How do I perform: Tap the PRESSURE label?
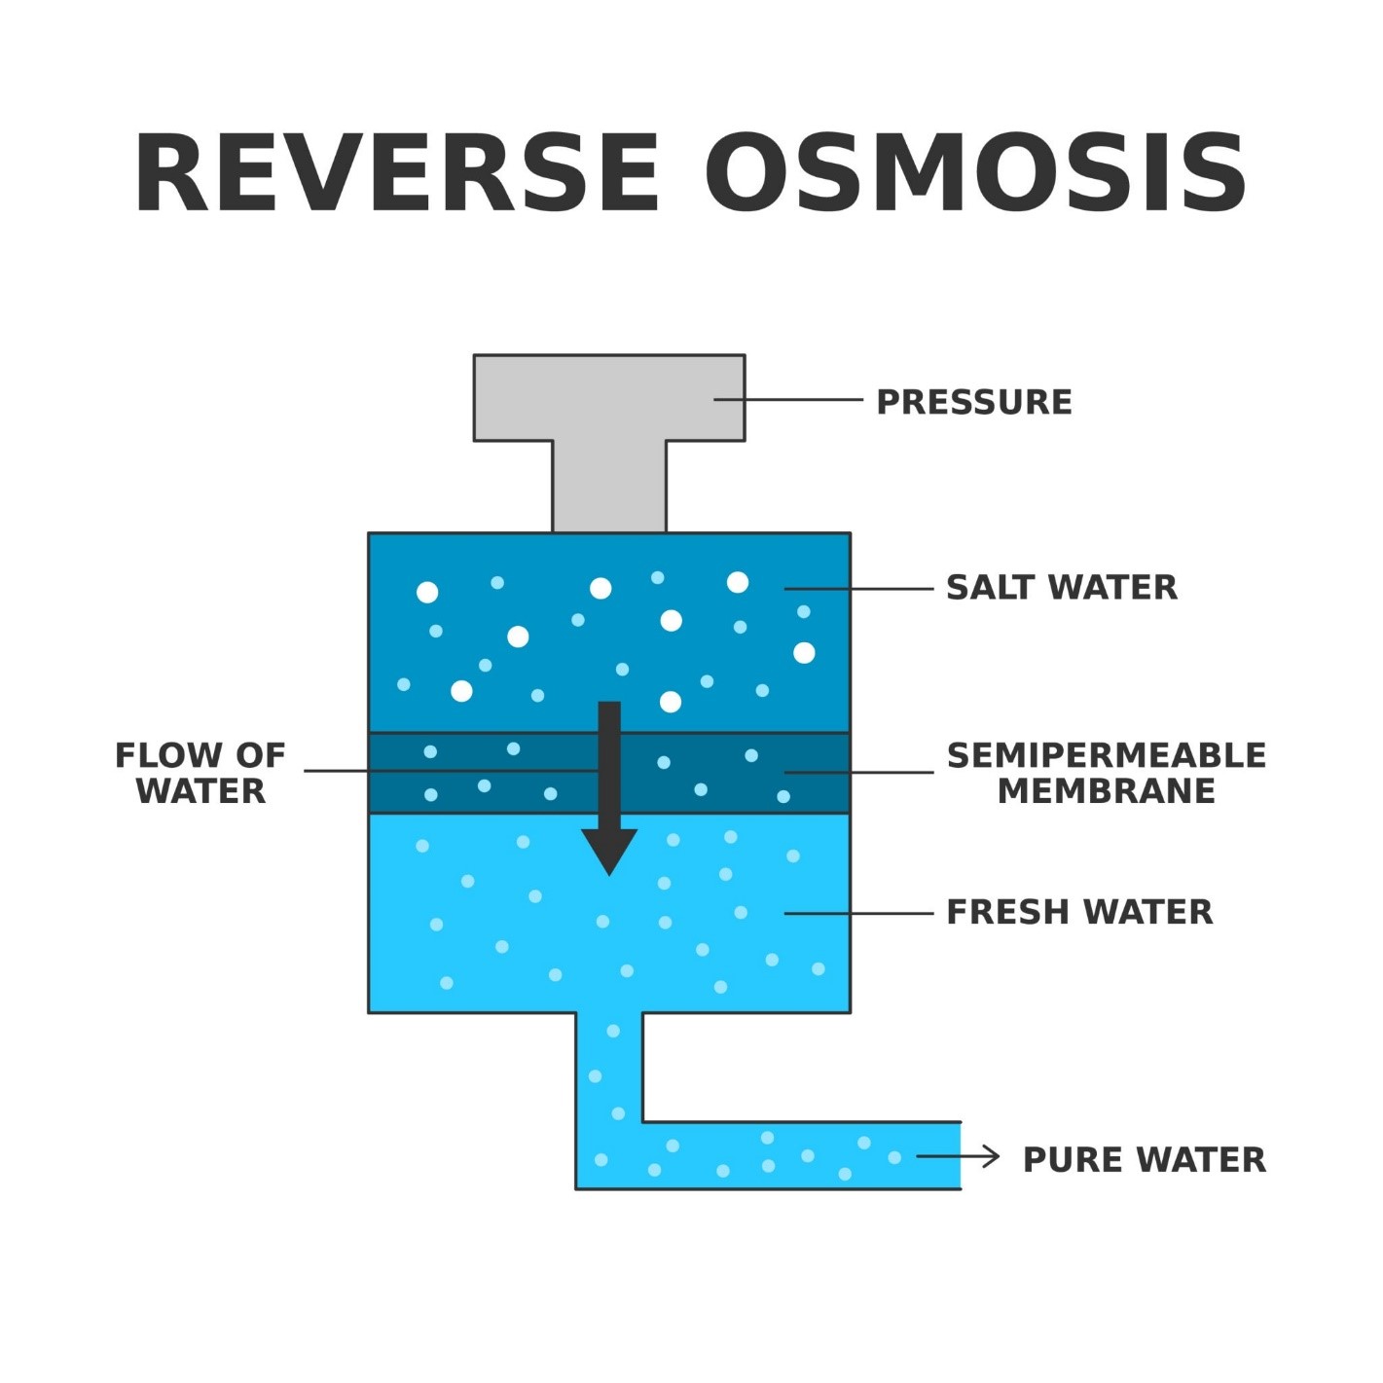pos(974,402)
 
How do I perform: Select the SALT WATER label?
pos(1062,588)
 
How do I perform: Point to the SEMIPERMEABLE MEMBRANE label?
pos(1107,773)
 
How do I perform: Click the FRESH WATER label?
pos(1079,912)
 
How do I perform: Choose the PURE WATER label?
pos(1145,1160)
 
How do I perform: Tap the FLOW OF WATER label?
pos(200,773)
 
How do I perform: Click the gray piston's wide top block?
pos(609,397)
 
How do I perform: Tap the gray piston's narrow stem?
pos(609,487)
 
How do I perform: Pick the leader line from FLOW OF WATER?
pos(448,771)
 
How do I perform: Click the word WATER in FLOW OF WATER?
pos(200,791)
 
